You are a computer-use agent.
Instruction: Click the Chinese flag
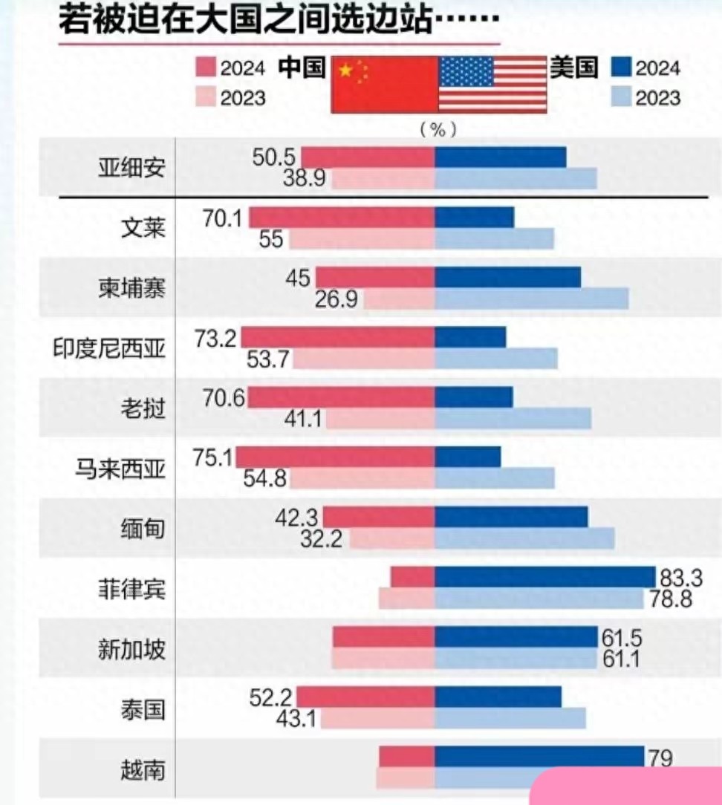384,84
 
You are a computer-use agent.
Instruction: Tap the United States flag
492,84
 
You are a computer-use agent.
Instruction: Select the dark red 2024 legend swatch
208,68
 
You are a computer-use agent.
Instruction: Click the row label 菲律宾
131,590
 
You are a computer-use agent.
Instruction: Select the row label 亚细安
131,167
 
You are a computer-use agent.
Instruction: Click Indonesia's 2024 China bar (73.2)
337,337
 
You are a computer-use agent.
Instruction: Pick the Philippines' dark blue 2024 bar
544,576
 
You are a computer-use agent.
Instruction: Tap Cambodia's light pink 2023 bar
399,299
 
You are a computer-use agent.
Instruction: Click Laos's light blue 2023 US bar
513,419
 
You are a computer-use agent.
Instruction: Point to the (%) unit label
438,128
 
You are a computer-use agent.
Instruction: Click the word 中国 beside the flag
302,68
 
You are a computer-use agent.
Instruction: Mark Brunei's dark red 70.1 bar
342,217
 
